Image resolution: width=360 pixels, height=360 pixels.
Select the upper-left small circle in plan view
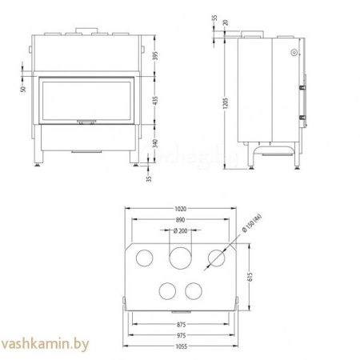click(x=146, y=257)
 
